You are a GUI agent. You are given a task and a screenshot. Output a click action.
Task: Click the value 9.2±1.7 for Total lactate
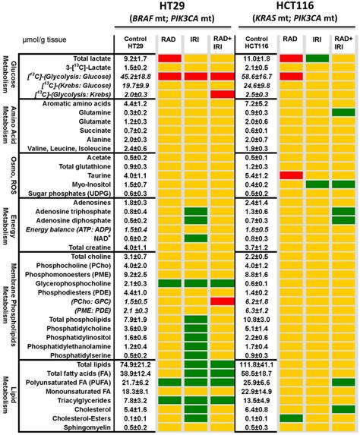click(135, 58)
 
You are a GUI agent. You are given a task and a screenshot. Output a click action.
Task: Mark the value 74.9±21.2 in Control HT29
click(135, 365)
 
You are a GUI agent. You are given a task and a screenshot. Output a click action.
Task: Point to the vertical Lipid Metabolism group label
click(10, 396)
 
